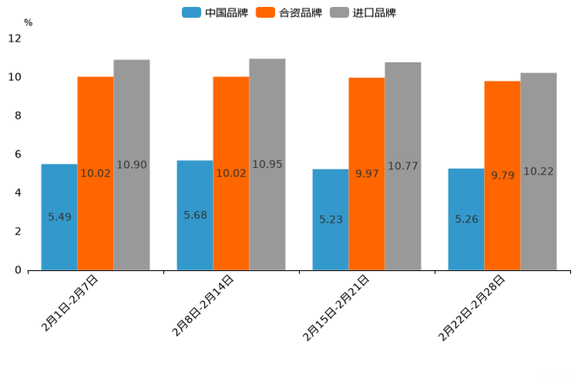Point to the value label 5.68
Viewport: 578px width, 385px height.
[195, 215]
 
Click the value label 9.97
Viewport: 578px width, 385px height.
[367, 174]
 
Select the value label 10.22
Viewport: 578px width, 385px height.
[538, 172]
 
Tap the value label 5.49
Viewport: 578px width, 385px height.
[60, 217]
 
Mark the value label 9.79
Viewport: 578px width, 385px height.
[503, 175]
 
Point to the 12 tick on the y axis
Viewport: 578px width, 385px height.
[15, 39]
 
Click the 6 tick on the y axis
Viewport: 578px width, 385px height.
[18, 154]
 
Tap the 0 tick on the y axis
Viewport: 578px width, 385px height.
[18, 270]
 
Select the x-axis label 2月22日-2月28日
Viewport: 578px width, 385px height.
[472, 307]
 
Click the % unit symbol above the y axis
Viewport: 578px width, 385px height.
[28, 23]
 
